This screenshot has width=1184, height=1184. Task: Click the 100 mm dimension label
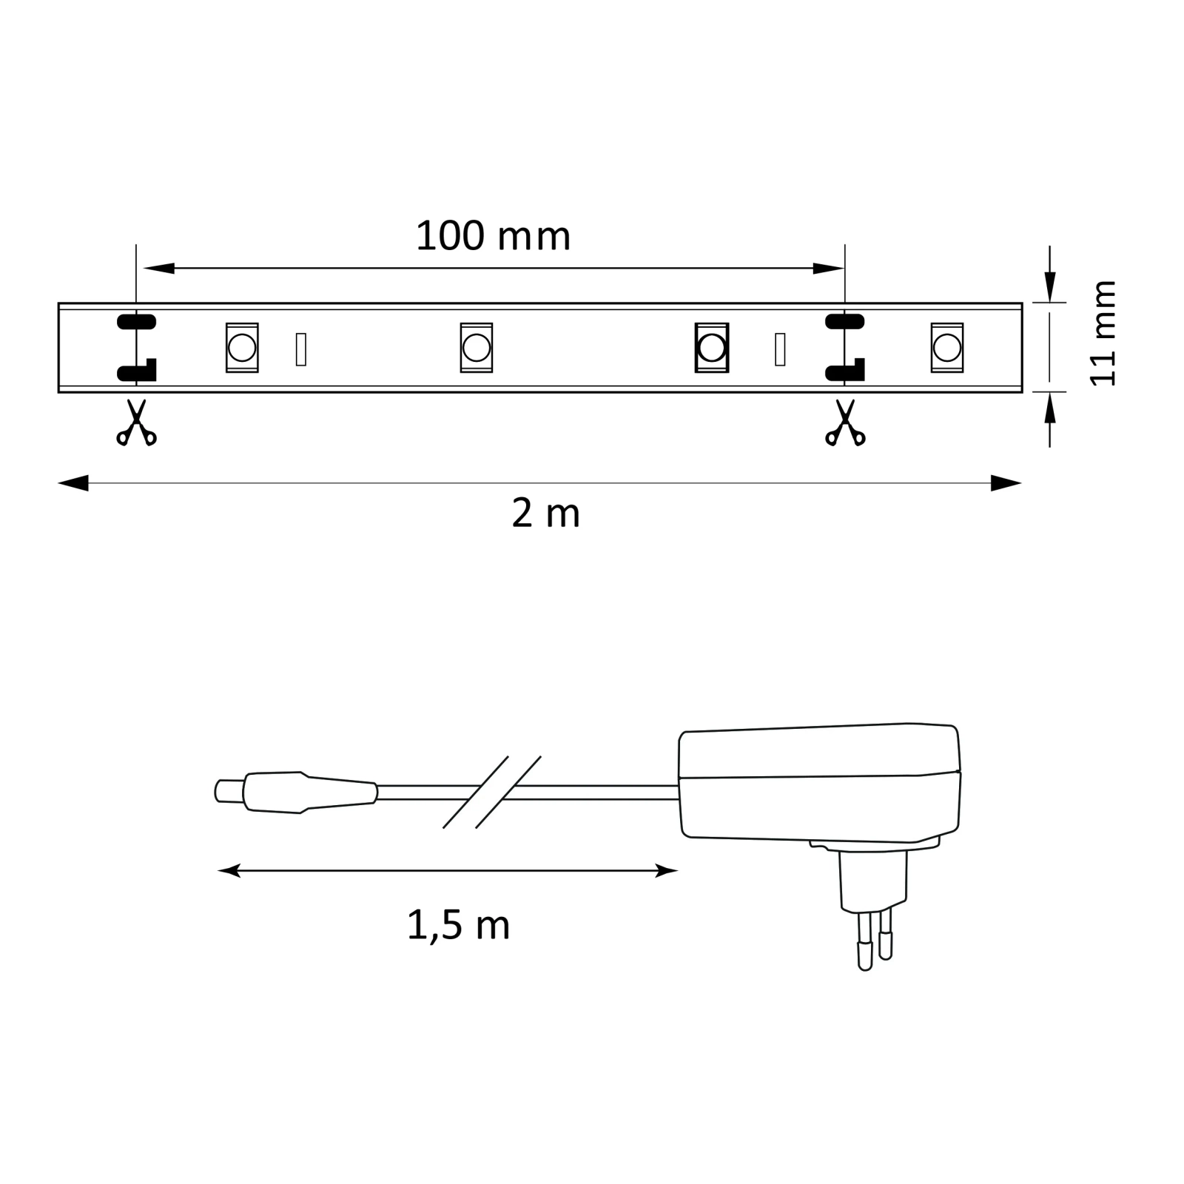[493, 237]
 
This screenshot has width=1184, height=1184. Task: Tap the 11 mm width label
[1103, 333]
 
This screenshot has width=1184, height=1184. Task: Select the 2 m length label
[545, 514]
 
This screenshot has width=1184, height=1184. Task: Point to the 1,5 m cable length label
[459, 926]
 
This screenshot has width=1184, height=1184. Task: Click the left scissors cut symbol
[136, 423]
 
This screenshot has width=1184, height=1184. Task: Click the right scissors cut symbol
[845, 423]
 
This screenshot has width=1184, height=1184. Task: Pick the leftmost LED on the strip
[242, 347]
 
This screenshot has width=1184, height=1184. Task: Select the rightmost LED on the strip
[947, 347]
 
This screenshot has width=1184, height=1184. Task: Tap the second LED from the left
[477, 347]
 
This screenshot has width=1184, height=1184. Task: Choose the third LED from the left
[712, 347]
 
